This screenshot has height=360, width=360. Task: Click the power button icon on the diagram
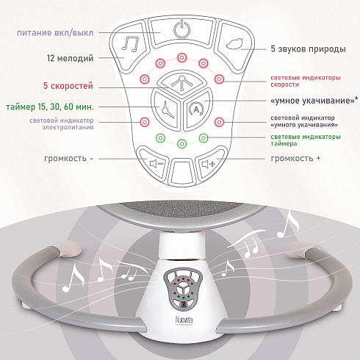coord(181,29)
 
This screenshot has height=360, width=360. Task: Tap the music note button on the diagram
coord(130,44)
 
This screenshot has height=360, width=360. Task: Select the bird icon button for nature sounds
coord(234,43)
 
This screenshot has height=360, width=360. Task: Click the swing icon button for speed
coord(181,82)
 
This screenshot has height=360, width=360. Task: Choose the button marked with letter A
coord(196,109)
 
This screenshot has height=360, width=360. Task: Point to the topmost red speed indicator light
coord(181,58)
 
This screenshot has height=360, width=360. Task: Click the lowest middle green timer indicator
coord(181,143)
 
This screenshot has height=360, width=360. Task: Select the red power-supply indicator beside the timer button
coord(145,122)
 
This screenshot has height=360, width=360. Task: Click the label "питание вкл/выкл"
coord(55,33)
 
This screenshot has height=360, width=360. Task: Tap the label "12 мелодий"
coord(70,58)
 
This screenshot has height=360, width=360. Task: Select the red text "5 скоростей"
coord(68,86)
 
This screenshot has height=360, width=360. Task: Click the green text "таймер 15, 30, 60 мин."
coord(50,107)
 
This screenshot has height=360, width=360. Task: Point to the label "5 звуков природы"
coord(308,49)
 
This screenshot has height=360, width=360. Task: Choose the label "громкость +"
coord(295,159)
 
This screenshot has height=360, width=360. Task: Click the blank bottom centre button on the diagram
coord(181,171)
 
